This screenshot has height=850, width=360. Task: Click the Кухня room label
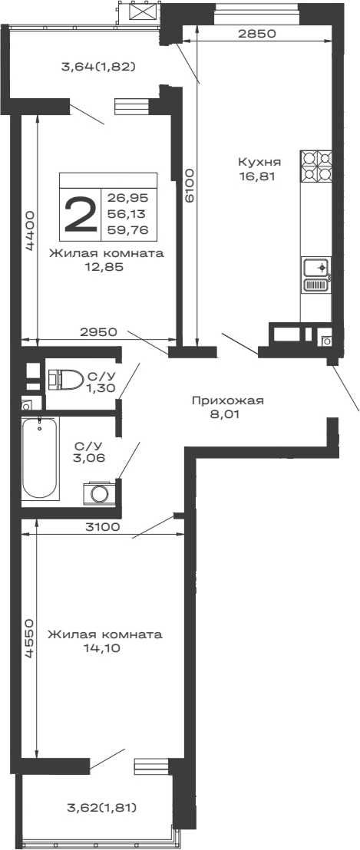click(x=259, y=162)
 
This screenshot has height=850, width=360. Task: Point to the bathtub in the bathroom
click(x=41, y=458)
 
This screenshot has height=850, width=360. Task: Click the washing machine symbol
click(x=99, y=492)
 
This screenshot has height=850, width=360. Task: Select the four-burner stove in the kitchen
click(x=317, y=165)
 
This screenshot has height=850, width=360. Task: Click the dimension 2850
click(x=256, y=35)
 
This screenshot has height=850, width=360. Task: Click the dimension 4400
click(x=29, y=230)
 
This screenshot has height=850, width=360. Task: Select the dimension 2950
click(x=97, y=332)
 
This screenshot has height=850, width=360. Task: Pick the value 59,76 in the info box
click(x=127, y=229)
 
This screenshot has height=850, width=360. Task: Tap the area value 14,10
click(x=103, y=648)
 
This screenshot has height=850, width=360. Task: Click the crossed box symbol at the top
click(x=140, y=12)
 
